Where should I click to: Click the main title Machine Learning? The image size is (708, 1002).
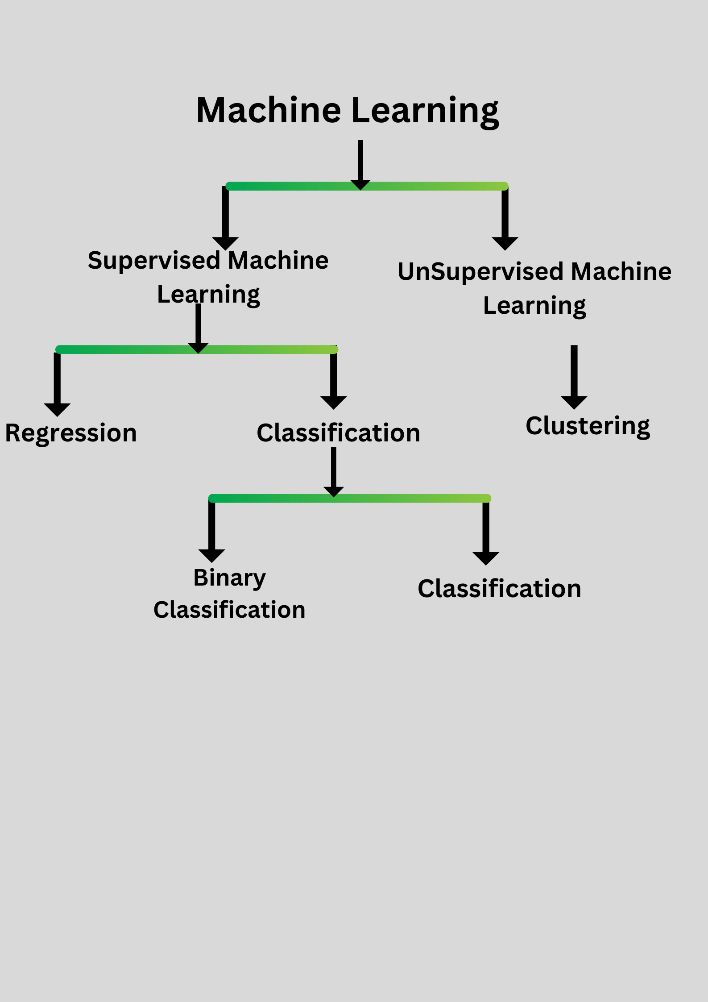[348, 111]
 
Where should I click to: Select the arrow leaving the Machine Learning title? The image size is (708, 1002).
[360, 165]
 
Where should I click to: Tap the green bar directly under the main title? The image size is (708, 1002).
[367, 186]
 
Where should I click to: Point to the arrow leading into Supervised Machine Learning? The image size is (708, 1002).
[225, 218]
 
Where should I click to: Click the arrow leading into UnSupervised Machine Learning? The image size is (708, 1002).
[505, 218]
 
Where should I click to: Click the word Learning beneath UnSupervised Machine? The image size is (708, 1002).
[534, 306]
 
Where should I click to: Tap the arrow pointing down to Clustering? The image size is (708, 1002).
[574, 377]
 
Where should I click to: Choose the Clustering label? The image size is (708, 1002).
[588, 426]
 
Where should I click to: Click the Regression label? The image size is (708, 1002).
[71, 433]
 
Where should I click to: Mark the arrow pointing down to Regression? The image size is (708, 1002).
[57, 384]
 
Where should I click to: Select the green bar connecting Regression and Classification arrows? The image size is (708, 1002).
[197, 349]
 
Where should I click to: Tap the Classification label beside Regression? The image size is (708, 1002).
[339, 433]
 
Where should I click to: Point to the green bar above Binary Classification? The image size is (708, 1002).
[350, 499]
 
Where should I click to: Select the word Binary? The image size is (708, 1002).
[230, 578]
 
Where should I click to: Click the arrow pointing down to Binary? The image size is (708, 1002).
[212, 531]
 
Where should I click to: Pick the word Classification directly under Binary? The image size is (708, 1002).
[229, 610]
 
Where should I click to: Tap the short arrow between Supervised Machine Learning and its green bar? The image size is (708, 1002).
[198, 328]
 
